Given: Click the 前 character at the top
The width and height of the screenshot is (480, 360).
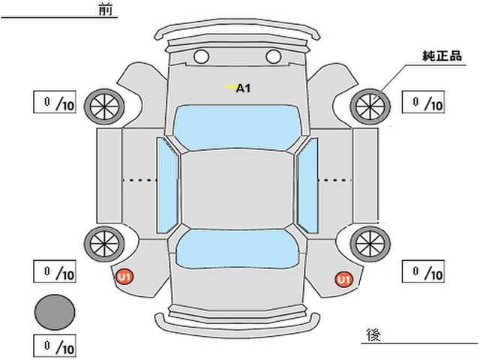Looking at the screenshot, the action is [x=106, y=10].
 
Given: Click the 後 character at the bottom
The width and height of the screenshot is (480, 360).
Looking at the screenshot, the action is [x=373, y=335].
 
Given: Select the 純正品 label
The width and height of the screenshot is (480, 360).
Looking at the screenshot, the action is [x=442, y=56].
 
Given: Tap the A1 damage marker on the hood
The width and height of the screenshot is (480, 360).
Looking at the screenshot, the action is [x=243, y=88].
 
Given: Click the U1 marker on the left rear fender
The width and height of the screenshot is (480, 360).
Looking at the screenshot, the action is [x=124, y=277].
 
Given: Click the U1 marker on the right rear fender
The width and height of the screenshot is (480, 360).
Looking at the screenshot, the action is [x=343, y=279].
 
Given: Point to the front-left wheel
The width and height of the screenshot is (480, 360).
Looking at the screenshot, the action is [x=104, y=106].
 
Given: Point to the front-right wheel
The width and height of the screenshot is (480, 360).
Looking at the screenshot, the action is [x=370, y=106].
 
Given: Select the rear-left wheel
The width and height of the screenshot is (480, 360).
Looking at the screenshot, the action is [x=104, y=244].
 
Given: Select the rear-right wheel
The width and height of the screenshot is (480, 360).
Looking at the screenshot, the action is [x=370, y=244].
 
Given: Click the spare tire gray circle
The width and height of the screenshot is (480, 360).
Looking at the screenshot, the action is [x=55, y=312].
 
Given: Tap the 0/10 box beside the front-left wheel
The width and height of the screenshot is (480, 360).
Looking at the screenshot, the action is [x=55, y=102].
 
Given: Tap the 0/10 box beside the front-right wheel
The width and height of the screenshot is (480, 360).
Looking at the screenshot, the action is [x=423, y=102].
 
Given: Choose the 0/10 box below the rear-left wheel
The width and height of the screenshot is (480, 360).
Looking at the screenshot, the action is [x=55, y=271].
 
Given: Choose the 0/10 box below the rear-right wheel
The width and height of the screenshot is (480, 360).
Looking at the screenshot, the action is [x=423, y=271].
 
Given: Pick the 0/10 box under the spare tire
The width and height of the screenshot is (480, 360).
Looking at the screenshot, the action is [x=55, y=346].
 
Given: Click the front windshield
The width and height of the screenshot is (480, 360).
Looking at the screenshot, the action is [x=238, y=127].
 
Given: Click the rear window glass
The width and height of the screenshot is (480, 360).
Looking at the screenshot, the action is [x=238, y=249].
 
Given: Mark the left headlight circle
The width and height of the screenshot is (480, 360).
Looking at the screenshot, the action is [x=202, y=57].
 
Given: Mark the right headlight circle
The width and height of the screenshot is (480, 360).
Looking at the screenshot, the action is [x=273, y=57].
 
